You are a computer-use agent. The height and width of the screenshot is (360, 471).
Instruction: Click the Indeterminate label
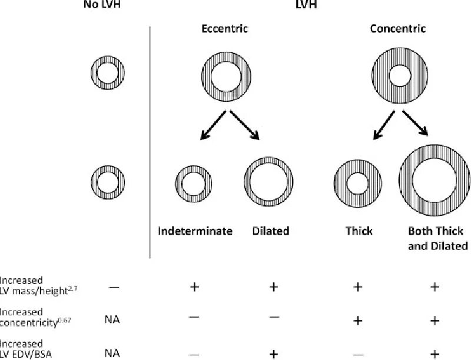point(195,231)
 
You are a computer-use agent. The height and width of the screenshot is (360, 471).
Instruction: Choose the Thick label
point(359,231)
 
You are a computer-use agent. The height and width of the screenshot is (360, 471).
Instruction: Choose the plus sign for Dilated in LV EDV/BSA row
point(272,353)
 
